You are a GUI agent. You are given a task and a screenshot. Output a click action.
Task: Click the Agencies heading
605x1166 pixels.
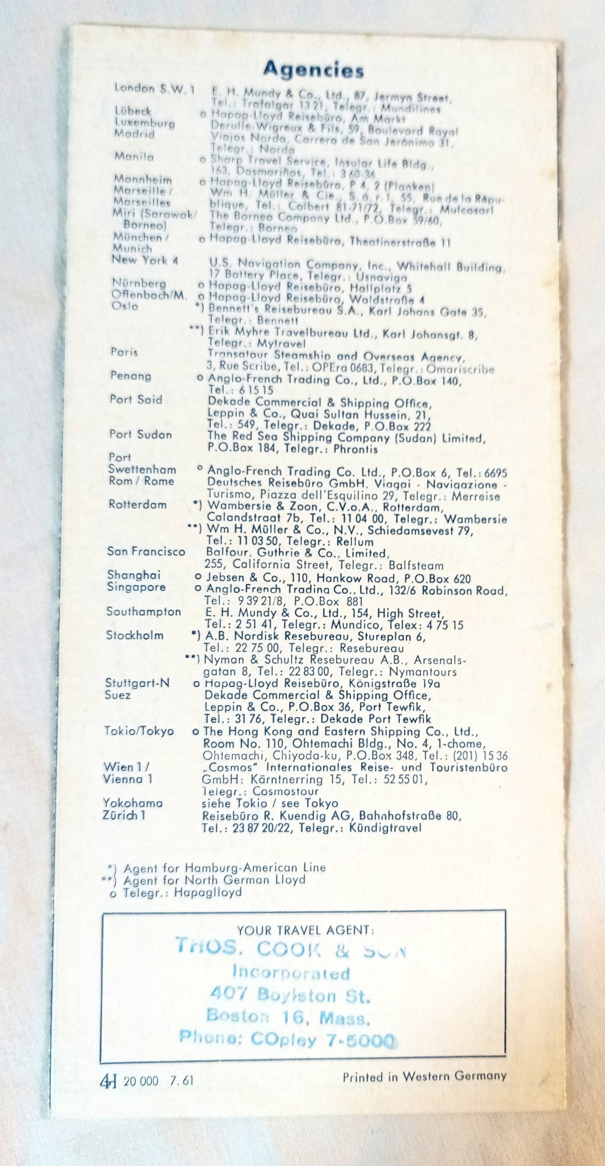314,70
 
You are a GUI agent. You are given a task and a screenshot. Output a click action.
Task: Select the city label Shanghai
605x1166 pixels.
134,575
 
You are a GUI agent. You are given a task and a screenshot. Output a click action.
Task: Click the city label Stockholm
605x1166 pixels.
135,635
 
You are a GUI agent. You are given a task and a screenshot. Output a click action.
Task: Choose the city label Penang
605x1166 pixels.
131,376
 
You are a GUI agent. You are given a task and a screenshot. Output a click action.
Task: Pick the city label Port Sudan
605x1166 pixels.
141,435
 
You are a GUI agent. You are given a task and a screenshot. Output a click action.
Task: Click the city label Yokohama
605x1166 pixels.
133,803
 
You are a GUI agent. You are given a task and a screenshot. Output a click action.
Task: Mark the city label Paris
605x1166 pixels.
124,352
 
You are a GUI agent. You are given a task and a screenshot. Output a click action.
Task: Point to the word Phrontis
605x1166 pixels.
356,449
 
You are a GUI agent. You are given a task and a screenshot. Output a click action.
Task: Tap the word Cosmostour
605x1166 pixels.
286,791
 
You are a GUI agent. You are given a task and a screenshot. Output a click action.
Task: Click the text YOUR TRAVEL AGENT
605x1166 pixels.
305,930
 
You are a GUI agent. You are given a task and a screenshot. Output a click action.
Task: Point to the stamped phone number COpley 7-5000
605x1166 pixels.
323,1039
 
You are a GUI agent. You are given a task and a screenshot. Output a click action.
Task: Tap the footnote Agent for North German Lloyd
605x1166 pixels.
214,880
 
